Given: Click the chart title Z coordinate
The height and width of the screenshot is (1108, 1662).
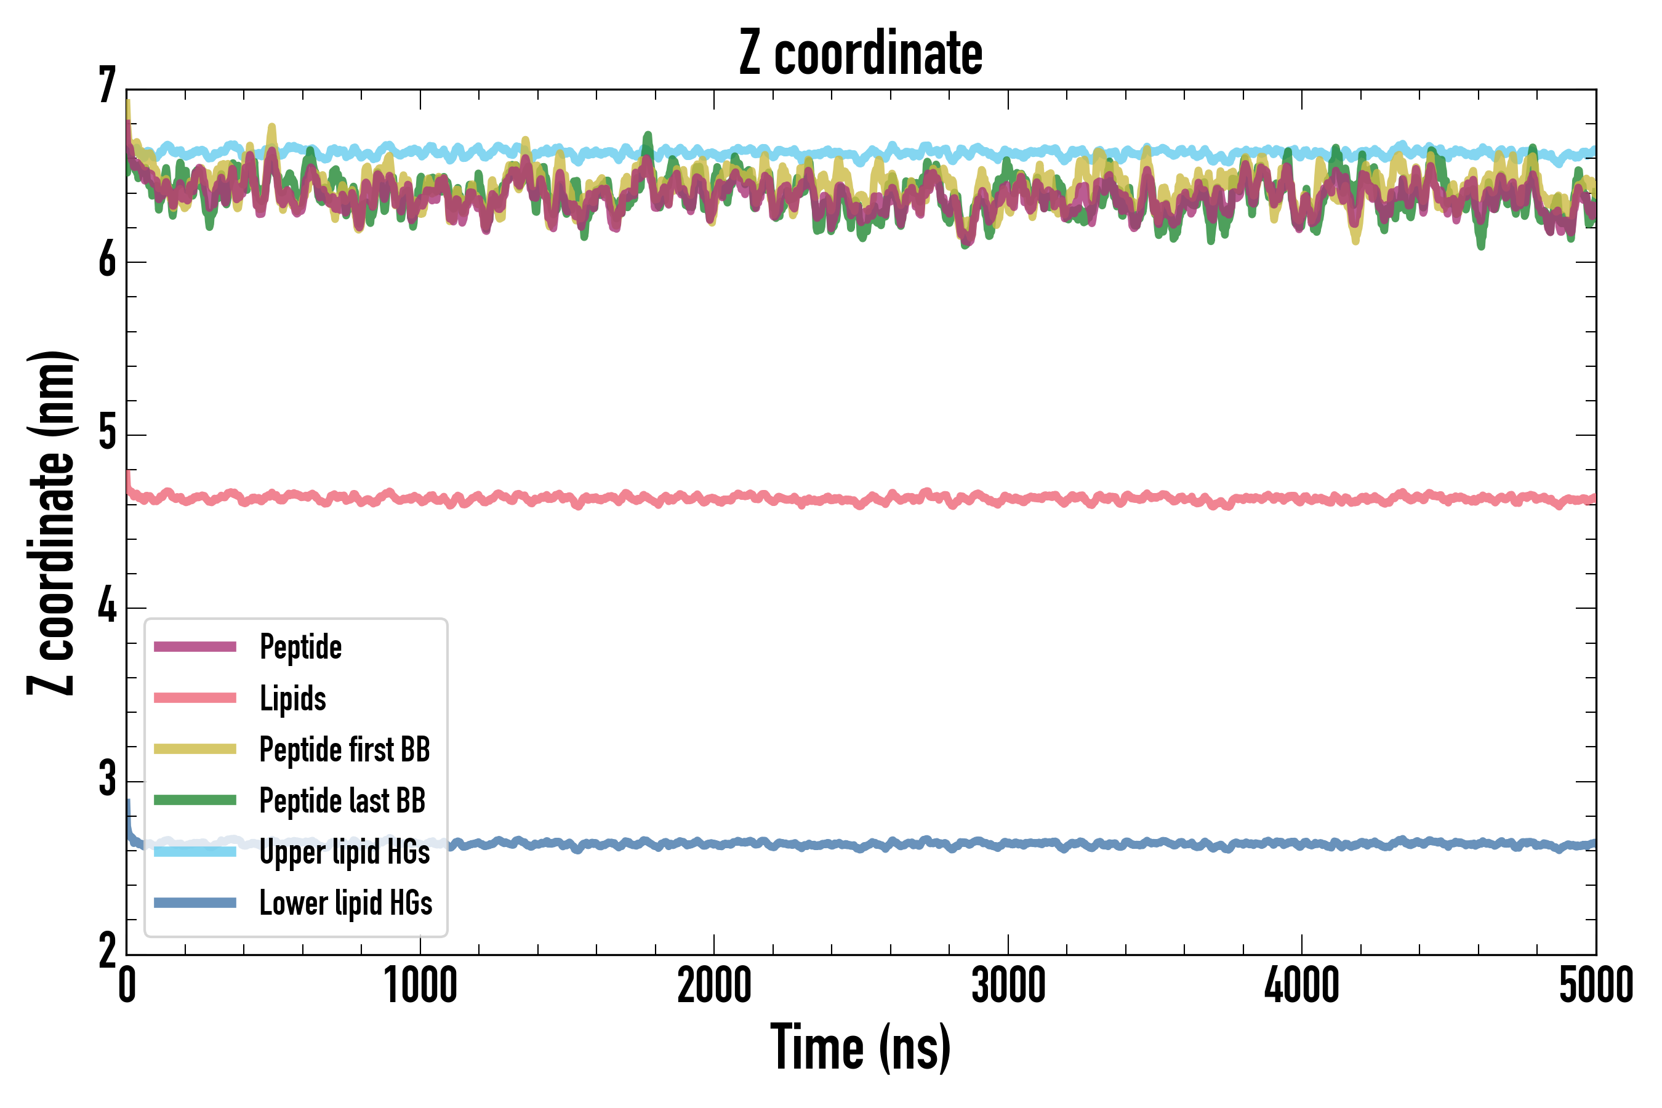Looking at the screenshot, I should [x=860, y=54].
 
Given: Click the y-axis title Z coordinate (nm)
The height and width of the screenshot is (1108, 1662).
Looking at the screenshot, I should [x=51, y=523].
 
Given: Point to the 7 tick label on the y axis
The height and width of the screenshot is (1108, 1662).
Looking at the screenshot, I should [x=107, y=86].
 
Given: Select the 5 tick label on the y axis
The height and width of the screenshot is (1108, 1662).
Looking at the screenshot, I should [x=107, y=433].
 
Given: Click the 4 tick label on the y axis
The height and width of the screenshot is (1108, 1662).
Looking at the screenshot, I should [x=107, y=607].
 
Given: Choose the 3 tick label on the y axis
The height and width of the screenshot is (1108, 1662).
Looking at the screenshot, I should [x=107, y=780].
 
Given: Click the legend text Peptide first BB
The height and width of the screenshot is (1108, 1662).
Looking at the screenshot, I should [x=344, y=749].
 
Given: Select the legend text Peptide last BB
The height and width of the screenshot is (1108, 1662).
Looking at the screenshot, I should [x=342, y=801].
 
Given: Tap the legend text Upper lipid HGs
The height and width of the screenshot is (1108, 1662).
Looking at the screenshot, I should [x=344, y=851].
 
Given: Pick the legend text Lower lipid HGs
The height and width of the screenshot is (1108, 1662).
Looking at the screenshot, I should [x=345, y=903].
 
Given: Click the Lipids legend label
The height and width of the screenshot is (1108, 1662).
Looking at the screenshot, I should [x=292, y=698].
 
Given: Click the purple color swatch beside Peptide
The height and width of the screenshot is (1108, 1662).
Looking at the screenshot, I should [x=195, y=646].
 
